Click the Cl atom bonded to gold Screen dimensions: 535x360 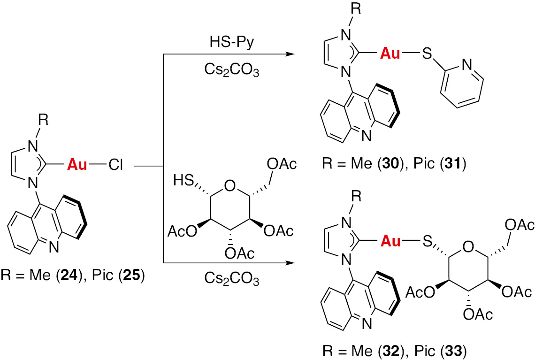click(115, 165)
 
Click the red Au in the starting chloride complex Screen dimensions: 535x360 click(77, 165)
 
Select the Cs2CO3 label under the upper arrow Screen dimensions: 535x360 click(232, 70)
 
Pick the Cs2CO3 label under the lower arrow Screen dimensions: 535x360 click(232, 278)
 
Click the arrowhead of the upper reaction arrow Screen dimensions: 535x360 click(290, 54)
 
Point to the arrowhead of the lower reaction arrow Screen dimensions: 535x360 click(290, 263)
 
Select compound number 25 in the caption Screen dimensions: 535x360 click(132, 275)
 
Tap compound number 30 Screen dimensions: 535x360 click(391, 164)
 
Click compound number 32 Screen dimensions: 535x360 click(391, 351)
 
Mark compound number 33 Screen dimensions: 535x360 click(454, 351)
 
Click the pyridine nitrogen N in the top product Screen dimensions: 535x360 click(467, 65)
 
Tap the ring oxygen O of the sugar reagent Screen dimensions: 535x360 click(230, 186)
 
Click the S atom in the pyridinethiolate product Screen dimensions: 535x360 click(427, 54)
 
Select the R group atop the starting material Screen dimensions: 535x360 click(43, 120)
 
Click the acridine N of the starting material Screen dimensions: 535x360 click(53, 247)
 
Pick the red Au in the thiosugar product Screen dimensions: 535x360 click(390, 241)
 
